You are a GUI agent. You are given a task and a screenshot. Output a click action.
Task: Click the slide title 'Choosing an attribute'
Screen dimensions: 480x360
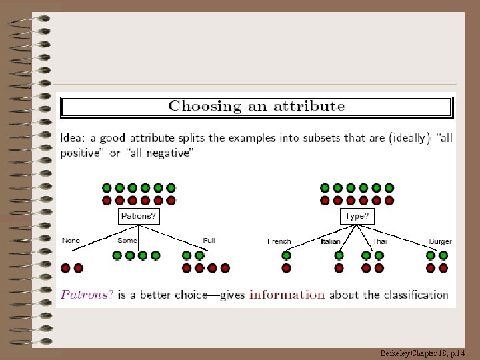(x=257, y=106)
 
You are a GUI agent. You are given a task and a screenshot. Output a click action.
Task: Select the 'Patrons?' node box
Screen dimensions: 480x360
(x=139, y=216)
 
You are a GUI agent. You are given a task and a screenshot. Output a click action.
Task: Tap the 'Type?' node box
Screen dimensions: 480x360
(x=357, y=216)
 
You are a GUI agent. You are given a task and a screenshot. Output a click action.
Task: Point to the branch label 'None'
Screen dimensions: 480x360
(x=71, y=241)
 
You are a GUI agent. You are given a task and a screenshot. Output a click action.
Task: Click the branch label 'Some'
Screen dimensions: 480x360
(x=127, y=241)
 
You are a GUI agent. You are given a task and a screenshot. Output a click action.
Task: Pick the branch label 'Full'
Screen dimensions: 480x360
(x=209, y=241)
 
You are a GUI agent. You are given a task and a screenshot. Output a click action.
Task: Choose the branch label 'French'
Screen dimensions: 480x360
(x=279, y=241)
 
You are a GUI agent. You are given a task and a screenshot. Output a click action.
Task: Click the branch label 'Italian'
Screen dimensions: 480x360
(x=331, y=241)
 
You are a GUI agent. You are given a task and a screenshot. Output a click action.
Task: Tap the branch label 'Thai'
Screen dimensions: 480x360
(x=379, y=241)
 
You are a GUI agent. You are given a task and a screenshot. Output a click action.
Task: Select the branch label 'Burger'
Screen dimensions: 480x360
(x=440, y=241)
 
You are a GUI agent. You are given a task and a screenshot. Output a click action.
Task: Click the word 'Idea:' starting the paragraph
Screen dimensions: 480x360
(x=73, y=139)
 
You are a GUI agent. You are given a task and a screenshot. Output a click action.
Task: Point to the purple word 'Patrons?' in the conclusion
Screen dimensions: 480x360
(x=87, y=294)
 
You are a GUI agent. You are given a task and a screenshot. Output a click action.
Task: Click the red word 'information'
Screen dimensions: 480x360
(x=287, y=294)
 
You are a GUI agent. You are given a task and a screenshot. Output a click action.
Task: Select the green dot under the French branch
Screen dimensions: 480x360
(x=287, y=255)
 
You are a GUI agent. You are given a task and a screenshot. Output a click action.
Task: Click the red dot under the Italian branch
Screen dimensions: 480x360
(x=339, y=268)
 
